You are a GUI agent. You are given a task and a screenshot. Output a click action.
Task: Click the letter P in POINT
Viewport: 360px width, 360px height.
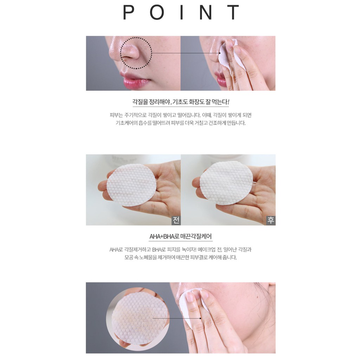129,12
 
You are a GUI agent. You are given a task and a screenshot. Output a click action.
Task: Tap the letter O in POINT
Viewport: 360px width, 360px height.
157,12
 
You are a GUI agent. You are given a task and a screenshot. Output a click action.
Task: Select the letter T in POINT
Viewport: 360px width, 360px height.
233,12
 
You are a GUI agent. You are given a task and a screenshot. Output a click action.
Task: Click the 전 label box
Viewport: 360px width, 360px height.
176,220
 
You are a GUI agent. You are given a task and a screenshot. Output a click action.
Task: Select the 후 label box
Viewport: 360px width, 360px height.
271,220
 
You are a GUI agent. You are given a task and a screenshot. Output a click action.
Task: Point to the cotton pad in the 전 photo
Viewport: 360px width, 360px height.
131,185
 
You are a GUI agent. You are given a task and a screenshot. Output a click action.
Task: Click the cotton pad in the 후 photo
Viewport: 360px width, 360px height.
226,182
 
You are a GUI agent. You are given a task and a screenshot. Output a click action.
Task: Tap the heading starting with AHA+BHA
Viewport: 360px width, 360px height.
180,236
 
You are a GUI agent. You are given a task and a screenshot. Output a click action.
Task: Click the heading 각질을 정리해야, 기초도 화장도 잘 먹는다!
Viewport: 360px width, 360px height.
180,102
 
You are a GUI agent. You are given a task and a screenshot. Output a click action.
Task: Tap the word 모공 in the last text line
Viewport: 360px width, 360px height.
129,257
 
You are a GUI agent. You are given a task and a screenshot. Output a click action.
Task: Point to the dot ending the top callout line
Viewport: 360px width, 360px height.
220,53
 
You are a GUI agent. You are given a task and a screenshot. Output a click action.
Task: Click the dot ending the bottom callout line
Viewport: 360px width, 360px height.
200,318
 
